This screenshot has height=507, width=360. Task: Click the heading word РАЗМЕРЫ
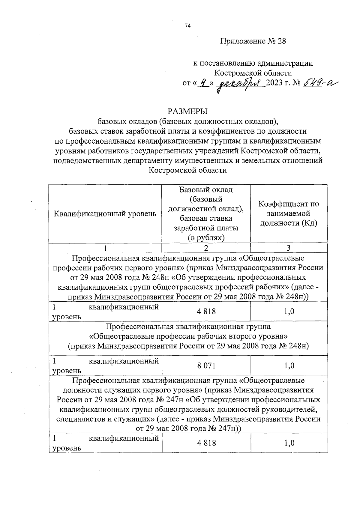pyautogui.click(x=188, y=112)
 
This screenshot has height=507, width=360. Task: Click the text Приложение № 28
pyautogui.click(x=253, y=41)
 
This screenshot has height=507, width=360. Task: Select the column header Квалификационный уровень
pyautogui.click(x=105, y=214)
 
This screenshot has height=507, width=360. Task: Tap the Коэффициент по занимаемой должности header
pyautogui.click(x=289, y=213)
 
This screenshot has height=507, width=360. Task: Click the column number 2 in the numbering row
pyautogui.click(x=206, y=248)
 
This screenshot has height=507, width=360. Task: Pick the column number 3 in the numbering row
pyautogui.click(x=288, y=248)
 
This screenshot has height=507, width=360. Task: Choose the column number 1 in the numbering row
pyautogui.click(x=105, y=248)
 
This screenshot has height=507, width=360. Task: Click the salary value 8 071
pyautogui.click(x=206, y=366)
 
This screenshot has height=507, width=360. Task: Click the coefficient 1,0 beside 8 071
pyautogui.click(x=289, y=366)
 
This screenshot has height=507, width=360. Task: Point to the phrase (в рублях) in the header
pyautogui.click(x=206, y=238)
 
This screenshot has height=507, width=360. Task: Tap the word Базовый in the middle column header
pyautogui.click(x=193, y=190)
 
